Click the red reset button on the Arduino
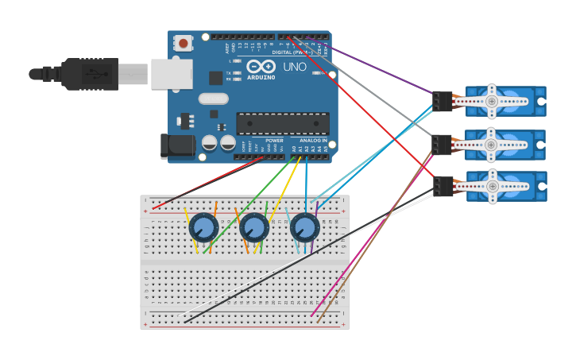click(x=184, y=43)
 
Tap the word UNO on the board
click(x=295, y=67)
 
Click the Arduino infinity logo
click(x=261, y=66)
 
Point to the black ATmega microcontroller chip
click(x=283, y=123)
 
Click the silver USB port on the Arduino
click(x=172, y=74)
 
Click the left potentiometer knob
click(x=203, y=228)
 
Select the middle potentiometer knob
click(x=254, y=228)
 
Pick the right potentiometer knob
click(x=304, y=228)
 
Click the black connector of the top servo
click(x=442, y=101)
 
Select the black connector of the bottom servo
click(x=443, y=186)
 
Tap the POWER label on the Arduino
click(x=274, y=141)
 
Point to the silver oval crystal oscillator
click(x=213, y=99)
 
